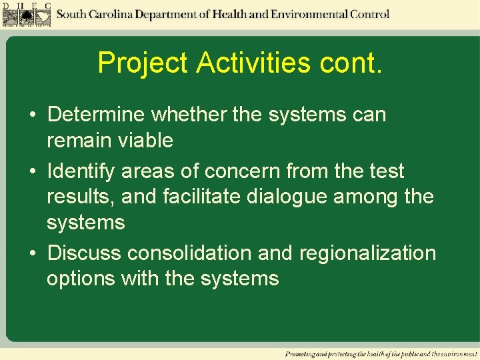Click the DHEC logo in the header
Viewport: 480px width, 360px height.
point(26,15)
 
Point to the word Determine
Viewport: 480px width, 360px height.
point(96,115)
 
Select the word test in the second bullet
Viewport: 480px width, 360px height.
point(387,171)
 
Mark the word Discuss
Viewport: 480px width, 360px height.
point(85,253)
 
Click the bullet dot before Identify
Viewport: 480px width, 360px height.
point(33,172)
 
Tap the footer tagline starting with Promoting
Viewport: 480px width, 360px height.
point(381,353)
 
